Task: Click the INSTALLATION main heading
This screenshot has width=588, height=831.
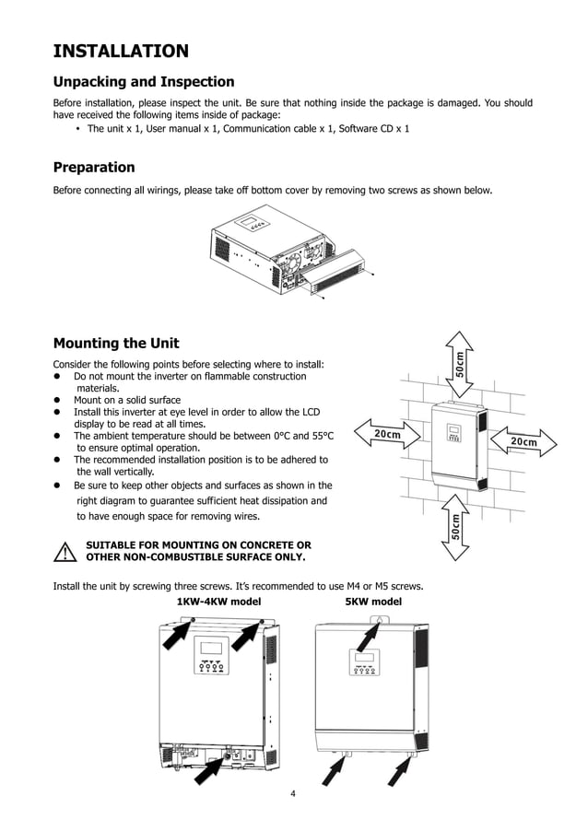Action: point(121,51)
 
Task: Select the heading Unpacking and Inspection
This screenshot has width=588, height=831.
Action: point(143,82)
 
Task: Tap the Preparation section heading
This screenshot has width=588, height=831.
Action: point(94,168)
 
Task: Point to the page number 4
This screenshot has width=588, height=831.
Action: point(292,794)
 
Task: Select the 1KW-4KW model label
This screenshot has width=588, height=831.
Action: point(218,602)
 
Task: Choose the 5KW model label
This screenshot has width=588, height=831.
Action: point(373,602)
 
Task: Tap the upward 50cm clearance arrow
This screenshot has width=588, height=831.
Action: point(458,361)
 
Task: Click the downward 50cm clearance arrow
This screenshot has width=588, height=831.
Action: point(458,526)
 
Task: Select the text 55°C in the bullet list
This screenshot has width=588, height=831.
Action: point(318,436)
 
